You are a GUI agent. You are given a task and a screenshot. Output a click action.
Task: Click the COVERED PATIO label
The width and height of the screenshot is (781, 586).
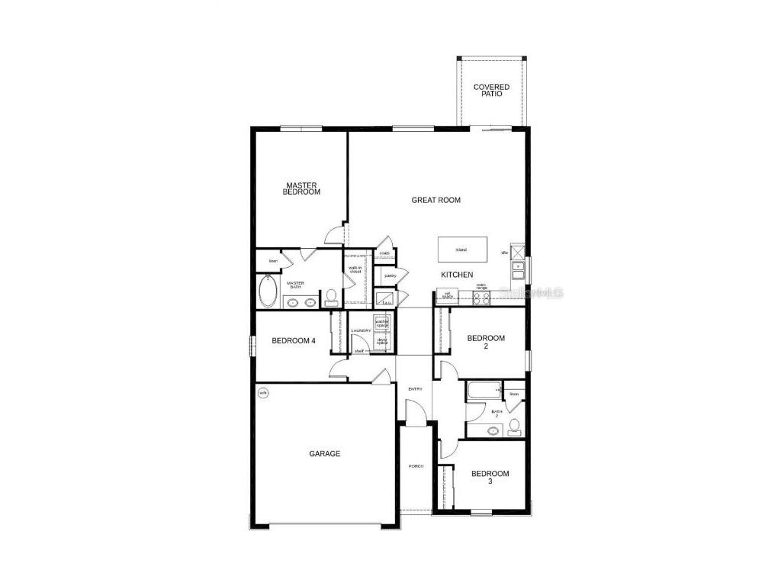tap(491, 90)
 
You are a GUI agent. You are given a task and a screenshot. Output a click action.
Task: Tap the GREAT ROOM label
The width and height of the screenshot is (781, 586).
tap(436, 200)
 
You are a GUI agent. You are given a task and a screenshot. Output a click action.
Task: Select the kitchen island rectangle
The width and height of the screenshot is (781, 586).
tap(461, 250)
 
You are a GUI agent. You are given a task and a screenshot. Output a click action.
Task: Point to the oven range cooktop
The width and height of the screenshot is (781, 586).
tap(481, 298)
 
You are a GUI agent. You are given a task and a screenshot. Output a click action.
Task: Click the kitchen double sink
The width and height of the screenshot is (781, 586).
tap(518, 268)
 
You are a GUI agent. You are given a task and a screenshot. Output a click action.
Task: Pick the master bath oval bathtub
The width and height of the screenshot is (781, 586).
tap(268, 291)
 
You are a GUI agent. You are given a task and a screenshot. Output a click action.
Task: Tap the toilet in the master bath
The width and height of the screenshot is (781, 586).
tap(331, 296)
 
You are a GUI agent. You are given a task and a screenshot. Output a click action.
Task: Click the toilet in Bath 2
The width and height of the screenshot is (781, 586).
tap(515, 425)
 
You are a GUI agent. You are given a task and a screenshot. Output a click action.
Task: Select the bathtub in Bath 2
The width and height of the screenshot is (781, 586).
tap(483, 391)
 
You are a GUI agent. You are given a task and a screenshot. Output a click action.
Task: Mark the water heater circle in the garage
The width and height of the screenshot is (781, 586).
tap(263, 394)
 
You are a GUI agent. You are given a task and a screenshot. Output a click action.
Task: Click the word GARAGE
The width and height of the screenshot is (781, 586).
tap(324, 453)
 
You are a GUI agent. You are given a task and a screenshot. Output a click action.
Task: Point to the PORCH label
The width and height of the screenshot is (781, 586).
tap(416, 466)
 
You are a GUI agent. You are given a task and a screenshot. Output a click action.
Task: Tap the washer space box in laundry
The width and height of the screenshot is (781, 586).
tap(382, 322)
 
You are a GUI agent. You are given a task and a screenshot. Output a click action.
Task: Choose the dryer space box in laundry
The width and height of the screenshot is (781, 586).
tap(382, 341)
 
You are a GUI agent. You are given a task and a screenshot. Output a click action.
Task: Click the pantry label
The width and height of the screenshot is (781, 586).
tap(390, 275)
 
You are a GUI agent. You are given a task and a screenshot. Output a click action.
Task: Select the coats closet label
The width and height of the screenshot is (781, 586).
tap(384, 253)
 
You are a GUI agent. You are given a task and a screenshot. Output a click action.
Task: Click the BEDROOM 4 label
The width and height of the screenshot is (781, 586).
tap(294, 340)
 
